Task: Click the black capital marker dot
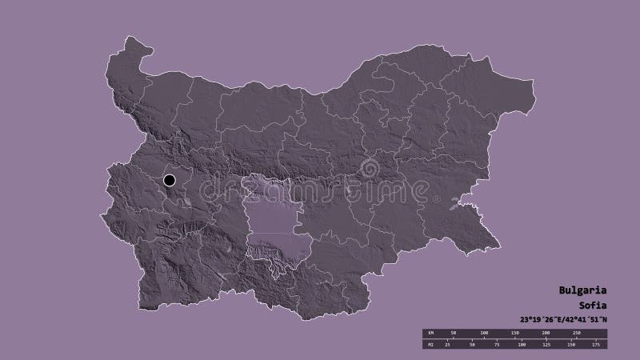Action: coord(170,180)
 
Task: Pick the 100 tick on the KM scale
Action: coord(484,331)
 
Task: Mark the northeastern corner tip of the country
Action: coord(531,80)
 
